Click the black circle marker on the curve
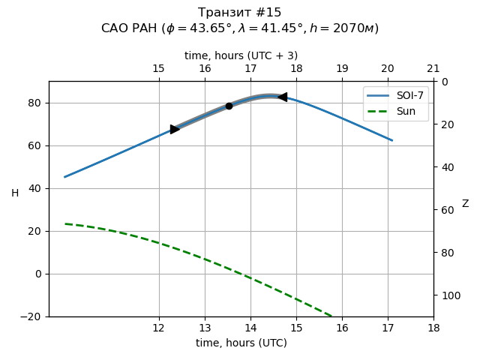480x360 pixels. point(229,106)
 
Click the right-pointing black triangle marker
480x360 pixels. point(175,129)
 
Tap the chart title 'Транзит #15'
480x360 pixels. point(240,13)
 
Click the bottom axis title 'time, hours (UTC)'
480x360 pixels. point(241,343)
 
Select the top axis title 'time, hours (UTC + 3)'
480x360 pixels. point(241,55)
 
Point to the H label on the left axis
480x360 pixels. point(15,193)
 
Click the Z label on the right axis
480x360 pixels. point(465,204)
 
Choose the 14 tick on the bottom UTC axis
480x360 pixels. point(250,328)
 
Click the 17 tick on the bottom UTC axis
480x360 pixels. point(388,328)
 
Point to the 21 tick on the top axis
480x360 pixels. point(433,69)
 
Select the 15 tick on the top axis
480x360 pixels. point(159,69)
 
